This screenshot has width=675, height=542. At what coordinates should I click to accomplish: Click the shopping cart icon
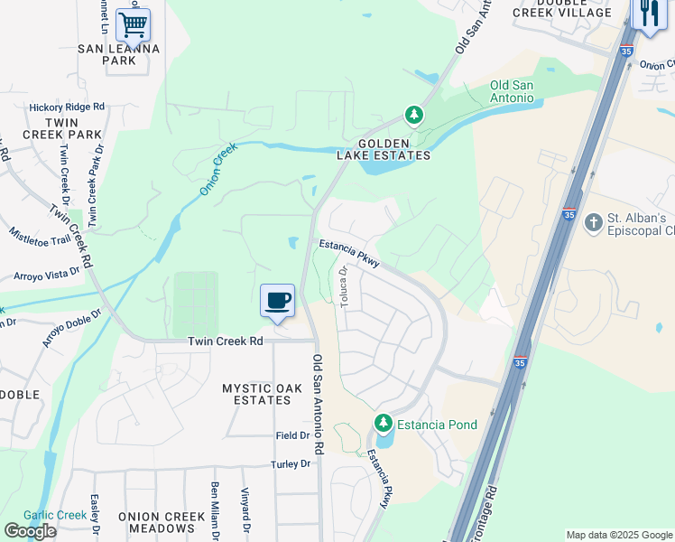[133, 24]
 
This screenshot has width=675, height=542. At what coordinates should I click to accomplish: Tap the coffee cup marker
[277, 300]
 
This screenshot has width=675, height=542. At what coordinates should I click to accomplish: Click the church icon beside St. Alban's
[593, 221]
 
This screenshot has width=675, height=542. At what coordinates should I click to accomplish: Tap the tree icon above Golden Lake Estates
[413, 115]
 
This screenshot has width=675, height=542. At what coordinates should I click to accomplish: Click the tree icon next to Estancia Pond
[384, 423]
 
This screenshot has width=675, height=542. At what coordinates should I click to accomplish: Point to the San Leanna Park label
[119, 54]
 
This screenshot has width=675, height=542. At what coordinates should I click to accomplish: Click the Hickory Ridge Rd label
[67, 107]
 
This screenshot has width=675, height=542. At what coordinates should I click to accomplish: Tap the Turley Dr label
[291, 463]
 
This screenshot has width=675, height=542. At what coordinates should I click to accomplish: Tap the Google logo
[30, 531]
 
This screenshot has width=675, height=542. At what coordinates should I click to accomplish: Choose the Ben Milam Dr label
[216, 511]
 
